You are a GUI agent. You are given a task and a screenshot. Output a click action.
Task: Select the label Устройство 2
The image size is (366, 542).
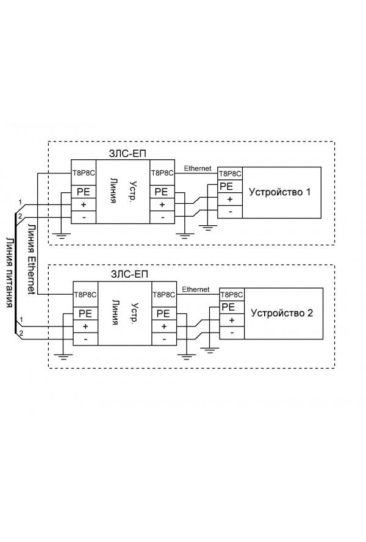point(281,313)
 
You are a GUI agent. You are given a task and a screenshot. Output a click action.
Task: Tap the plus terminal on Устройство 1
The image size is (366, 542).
point(229,199)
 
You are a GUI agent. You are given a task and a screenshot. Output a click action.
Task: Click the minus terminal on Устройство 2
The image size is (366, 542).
point(231,332)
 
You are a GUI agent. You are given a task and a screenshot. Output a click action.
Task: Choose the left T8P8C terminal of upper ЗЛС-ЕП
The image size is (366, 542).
point(82,173)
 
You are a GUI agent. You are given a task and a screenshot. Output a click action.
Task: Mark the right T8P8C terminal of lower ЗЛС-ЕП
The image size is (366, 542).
point(163,294)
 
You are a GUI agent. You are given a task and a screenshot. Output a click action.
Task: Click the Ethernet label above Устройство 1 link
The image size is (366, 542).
point(197,168)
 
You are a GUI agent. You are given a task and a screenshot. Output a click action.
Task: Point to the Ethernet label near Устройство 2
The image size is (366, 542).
point(196,289)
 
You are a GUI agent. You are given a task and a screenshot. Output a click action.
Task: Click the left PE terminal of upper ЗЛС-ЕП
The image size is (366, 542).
point(83,191)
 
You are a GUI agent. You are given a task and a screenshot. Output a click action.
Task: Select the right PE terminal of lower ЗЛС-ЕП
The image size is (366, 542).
point(163,313)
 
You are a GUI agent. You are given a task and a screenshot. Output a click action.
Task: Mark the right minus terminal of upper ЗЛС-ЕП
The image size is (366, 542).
point(162,217)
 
